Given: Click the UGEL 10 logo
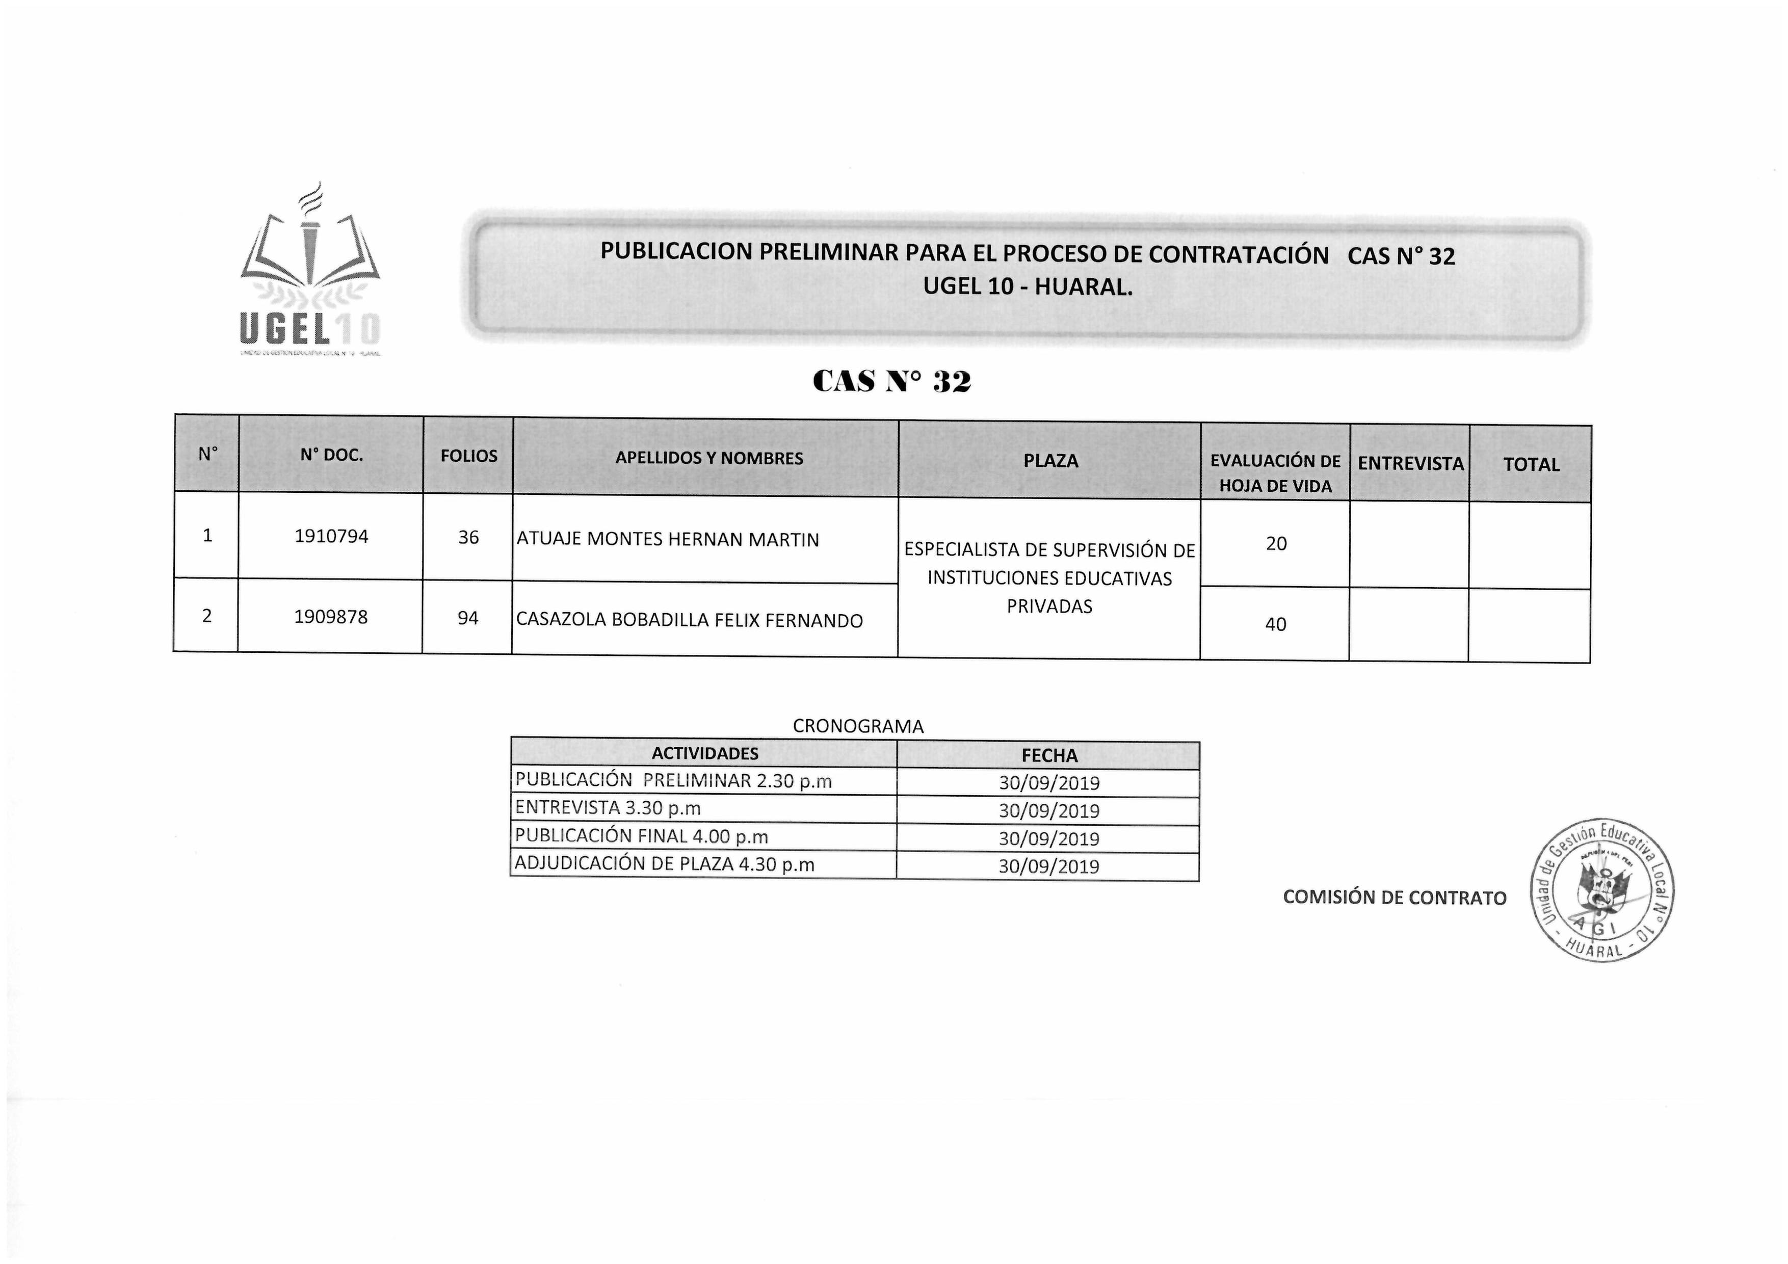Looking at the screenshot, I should point(310,273).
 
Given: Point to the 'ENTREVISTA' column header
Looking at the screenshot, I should point(1410,463).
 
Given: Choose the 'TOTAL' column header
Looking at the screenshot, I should point(1531,465).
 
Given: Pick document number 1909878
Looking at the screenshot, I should point(330,617).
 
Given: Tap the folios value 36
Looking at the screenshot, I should point(468,537).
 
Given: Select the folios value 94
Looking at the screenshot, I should point(467,618).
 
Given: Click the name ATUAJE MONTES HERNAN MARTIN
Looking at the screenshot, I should point(667,540).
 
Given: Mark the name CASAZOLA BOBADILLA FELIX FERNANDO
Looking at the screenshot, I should point(689,621).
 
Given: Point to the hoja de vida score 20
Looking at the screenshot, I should point(1276,544).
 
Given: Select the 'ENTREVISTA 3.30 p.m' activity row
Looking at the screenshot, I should point(608,808).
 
